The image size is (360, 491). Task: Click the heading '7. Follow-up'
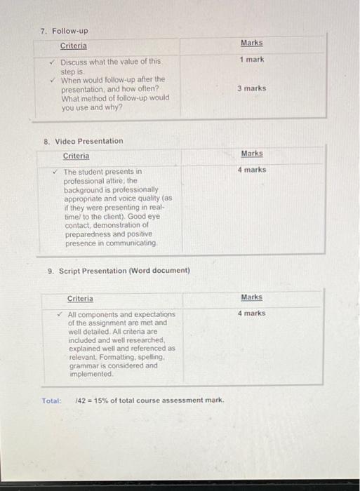[x=64, y=32]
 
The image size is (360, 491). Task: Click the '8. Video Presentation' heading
[x=83, y=141]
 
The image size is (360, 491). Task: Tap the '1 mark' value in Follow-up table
[x=251, y=60]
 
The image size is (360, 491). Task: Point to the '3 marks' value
[x=252, y=88]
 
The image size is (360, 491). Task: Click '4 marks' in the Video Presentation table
[x=252, y=170]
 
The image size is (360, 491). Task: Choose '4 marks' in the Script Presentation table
[x=251, y=314]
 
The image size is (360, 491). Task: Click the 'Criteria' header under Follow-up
[x=74, y=46]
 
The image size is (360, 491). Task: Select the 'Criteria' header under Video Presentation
[x=76, y=156]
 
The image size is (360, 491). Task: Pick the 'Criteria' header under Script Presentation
[x=80, y=299]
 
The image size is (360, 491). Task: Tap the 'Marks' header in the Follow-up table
[x=251, y=43]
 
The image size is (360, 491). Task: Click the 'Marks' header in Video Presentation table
[x=251, y=153]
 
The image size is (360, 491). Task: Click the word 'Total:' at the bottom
[x=51, y=401]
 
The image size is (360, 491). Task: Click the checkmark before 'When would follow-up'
[x=53, y=80]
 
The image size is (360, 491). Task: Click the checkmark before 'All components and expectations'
[x=61, y=315]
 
